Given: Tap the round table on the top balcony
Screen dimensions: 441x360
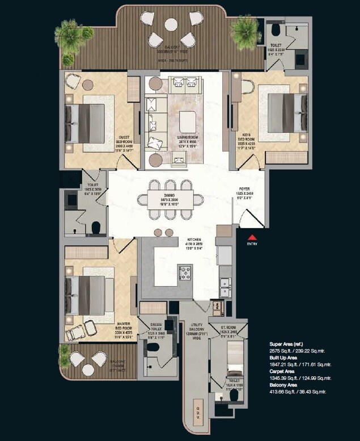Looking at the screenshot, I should click(x=172, y=24).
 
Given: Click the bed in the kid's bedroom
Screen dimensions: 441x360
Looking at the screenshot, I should click(x=287, y=111).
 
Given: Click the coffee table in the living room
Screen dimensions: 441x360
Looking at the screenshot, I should click(x=187, y=121).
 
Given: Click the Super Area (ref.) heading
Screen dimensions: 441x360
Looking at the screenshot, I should click(x=289, y=344).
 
